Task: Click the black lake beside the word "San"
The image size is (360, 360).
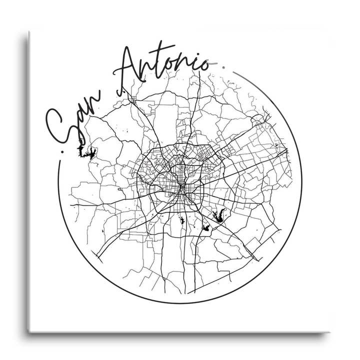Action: (x=86, y=152)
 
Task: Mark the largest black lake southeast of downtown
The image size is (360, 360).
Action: (x=218, y=216)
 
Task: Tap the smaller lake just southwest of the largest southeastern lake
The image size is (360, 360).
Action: (x=205, y=228)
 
